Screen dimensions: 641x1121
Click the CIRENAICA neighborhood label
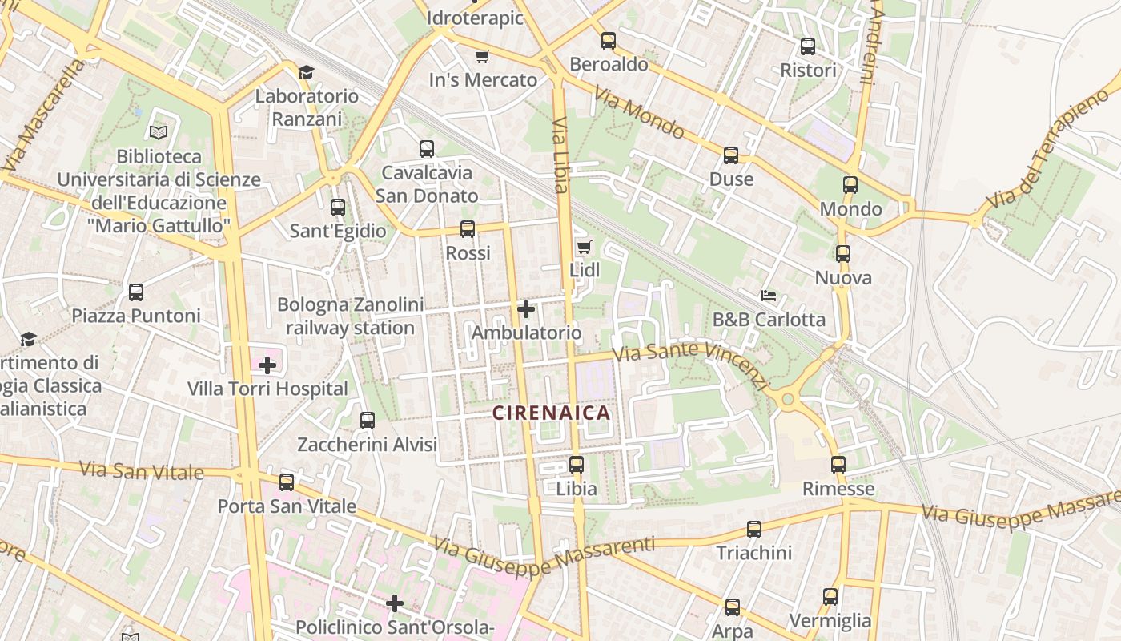tap(551, 413)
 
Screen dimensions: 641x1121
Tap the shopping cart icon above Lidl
tap(584, 247)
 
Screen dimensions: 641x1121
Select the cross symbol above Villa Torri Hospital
tap(267, 365)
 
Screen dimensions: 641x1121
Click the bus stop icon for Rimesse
tap(838, 465)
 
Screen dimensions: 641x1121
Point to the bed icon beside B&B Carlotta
tap(769, 296)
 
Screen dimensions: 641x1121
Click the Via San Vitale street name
tap(142, 470)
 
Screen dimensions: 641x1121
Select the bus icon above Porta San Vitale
tap(287, 482)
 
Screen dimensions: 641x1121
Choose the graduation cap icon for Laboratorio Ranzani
tap(306, 73)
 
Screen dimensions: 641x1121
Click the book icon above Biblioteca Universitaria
tap(159, 132)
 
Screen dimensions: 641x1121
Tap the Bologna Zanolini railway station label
tap(350, 316)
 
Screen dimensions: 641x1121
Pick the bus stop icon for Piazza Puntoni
tap(136, 292)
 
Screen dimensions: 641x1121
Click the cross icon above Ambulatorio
tap(526, 309)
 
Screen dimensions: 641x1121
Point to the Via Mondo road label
tap(638, 112)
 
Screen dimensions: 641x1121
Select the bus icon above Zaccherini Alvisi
tap(368, 421)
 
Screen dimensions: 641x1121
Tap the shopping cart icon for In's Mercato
tap(482, 56)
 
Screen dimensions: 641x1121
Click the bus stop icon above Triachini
tap(754, 530)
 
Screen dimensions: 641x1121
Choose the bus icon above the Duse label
tap(731, 155)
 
